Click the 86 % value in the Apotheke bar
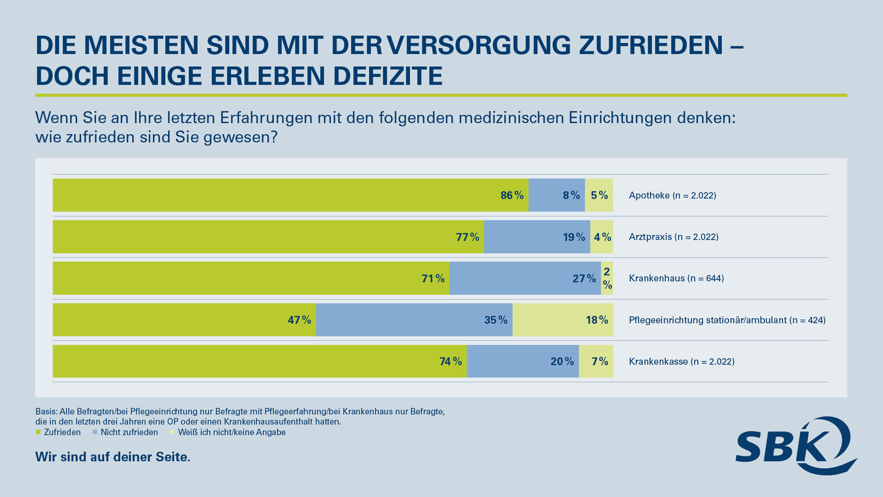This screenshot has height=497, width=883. coord(512,195)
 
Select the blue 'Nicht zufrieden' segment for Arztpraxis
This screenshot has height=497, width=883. coord(537,237)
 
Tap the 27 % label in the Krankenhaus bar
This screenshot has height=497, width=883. coord(584,278)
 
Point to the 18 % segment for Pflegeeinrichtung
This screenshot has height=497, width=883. coord(563,320)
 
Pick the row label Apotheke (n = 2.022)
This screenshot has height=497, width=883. coord(672,195)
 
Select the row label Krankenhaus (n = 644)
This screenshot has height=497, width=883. coord(676,278)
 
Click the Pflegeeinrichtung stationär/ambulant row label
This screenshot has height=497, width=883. coord(727,320)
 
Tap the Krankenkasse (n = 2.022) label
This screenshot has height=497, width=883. coord(681,361)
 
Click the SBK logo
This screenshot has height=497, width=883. coord(796,446)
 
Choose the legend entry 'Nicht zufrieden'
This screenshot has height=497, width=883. coord(129,432)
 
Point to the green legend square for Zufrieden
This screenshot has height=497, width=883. coord(38,432)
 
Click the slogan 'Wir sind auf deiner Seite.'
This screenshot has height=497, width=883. coord(113,457)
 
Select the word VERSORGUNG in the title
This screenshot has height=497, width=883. coord(478,45)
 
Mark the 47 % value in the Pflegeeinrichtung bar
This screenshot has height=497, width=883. coord(299,320)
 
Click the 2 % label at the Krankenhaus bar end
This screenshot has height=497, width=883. coord(606,278)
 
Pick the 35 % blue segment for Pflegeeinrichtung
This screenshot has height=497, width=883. coord(414,320)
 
